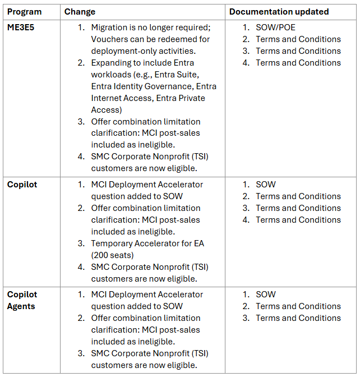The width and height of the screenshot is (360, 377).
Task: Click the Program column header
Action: point(25,11)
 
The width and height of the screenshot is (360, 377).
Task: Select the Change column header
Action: point(80,11)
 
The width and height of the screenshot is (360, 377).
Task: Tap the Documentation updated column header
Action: point(279,11)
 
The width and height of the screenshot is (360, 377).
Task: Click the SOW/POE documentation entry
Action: point(275,27)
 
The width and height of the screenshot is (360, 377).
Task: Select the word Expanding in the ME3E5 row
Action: point(112,63)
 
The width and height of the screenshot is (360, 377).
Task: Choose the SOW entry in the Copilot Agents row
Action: point(266,295)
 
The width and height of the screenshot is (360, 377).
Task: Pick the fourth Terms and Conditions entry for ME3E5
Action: point(298,63)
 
